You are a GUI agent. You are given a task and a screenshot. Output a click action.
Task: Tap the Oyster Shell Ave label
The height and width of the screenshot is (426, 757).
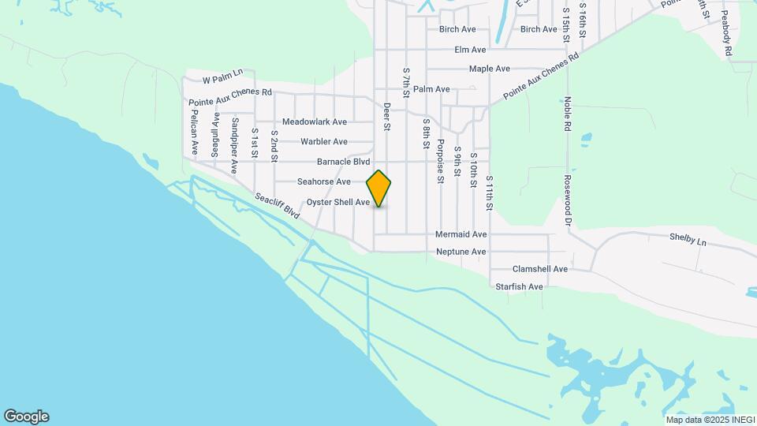(338, 203)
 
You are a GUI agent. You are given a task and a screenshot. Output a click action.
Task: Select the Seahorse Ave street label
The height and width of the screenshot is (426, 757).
(323, 181)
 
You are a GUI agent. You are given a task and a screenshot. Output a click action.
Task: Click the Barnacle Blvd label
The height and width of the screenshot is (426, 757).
(343, 162)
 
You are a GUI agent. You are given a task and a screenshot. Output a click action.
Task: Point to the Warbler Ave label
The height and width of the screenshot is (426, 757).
(324, 142)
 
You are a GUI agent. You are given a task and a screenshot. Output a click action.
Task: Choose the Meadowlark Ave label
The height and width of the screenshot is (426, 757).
(315, 122)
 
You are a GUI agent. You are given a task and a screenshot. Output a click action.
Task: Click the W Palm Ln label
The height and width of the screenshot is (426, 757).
(222, 80)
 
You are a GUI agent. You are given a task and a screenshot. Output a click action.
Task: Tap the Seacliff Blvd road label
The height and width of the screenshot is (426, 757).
(277, 207)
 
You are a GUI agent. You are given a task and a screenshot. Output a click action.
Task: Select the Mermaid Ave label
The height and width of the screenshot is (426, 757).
(461, 235)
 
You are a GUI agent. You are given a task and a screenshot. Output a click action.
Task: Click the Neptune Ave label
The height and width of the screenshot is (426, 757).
(461, 252)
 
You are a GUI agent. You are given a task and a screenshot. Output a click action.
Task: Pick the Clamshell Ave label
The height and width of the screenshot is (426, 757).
(540, 269)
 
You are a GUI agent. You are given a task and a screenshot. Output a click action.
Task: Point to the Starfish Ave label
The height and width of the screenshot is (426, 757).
(520, 286)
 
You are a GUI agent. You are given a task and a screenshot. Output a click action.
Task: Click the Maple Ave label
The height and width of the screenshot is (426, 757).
(490, 69)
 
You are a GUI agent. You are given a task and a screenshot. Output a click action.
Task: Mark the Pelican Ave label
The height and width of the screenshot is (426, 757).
(194, 131)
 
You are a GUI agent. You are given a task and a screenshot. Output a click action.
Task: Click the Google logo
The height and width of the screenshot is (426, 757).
(26, 417)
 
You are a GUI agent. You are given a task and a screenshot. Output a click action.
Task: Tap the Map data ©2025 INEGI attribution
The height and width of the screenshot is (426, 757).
(710, 420)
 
